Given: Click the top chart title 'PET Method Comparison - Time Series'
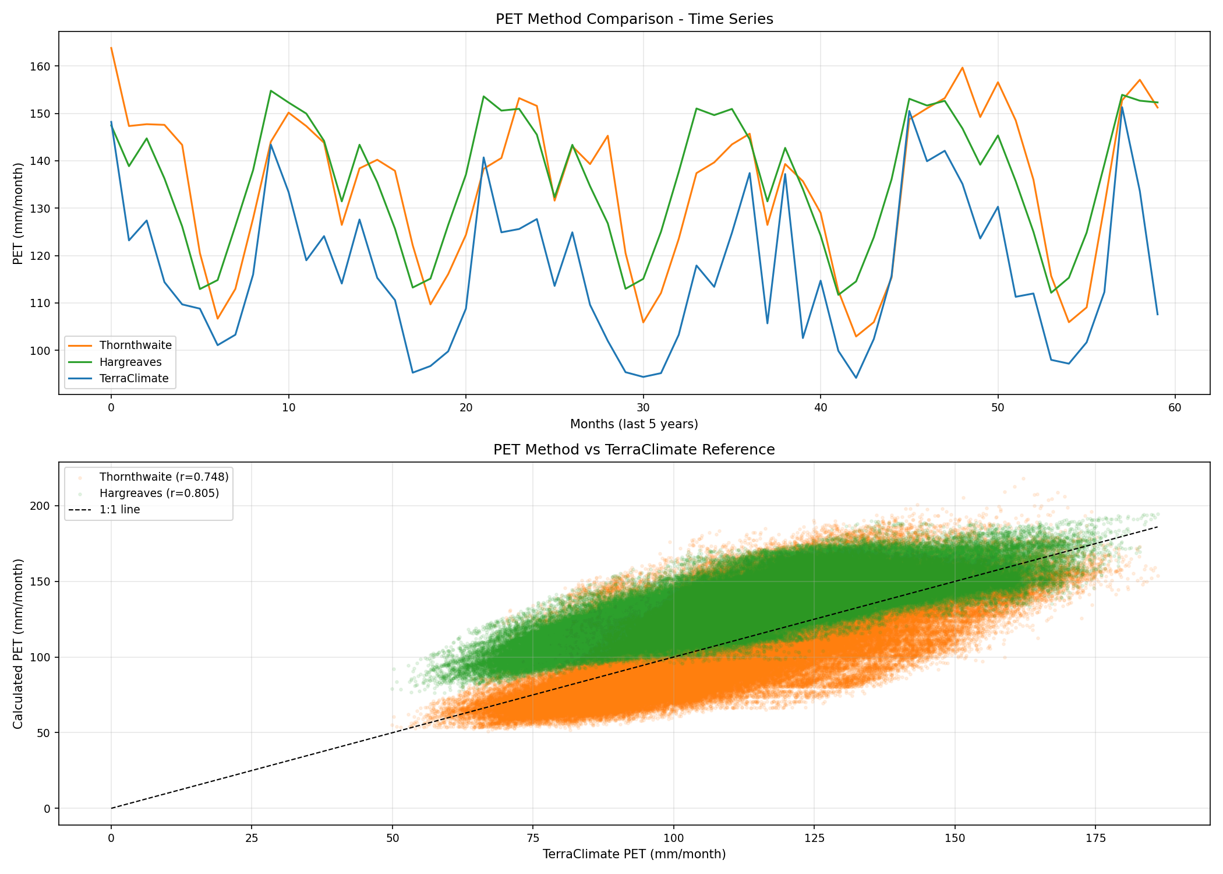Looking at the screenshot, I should click(634, 19).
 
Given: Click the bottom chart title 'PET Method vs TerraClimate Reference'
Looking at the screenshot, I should click(634, 450).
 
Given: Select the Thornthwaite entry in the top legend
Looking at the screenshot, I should click(135, 345).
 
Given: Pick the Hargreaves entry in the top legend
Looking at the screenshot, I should click(130, 362).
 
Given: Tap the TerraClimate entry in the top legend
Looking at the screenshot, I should click(134, 378).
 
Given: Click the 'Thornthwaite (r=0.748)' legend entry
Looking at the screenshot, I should click(164, 477).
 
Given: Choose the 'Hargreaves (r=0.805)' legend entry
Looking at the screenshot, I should click(159, 493).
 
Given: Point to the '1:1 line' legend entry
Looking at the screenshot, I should click(119, 509).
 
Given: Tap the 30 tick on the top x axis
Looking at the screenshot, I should click(643, 407).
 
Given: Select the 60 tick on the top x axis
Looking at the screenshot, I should click(1175, 407).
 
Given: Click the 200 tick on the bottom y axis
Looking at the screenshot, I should click(41, 506).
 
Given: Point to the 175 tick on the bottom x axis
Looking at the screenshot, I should click(1095, 838).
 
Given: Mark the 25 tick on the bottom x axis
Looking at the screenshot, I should click(252, 838).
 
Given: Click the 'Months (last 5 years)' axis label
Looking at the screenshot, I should click(634, 424).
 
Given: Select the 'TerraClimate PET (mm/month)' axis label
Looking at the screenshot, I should click(634, 854).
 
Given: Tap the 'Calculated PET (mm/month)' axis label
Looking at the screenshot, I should click(19, 643).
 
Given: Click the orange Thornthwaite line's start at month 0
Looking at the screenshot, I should click(111, 48).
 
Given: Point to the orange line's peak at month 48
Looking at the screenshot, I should click(962, 68).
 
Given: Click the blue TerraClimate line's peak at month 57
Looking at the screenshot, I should click(1122, 107).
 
